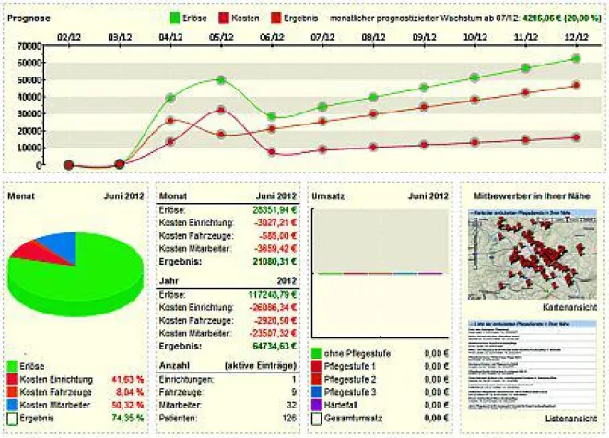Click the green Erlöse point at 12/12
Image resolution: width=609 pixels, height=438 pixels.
point(575,58)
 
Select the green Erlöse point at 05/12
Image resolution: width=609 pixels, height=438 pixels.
point(220,79)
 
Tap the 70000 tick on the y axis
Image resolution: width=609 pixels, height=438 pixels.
point(29,46)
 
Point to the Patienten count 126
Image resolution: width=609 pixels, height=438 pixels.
point(288,418)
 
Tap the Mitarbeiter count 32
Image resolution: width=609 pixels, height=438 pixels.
point(291,405)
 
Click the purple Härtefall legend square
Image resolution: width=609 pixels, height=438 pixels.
point(318,405)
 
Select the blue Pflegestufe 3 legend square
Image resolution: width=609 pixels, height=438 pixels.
point(318,392)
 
